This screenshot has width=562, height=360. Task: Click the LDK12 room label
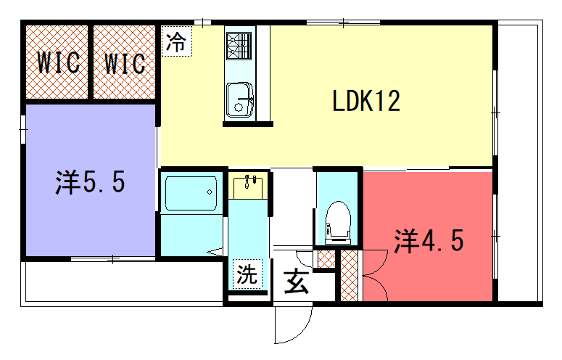[x=366, y=101]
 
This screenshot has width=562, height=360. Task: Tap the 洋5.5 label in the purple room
[x=90, y=181]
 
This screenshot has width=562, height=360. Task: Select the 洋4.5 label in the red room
[x=429, y=240]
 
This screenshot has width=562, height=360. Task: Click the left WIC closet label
[x=59, y=62]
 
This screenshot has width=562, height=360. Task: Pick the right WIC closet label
[x=125, y=63]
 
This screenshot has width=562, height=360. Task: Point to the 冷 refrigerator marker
[x=177, y=41]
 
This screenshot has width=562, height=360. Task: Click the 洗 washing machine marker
[x=247, y=274]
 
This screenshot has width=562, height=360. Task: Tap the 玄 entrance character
[x=297, y=282]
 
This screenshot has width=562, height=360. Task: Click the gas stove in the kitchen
[x=239, y=46]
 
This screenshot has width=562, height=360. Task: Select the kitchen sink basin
[x=239, y=99]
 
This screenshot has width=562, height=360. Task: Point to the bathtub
[x=191, y=193]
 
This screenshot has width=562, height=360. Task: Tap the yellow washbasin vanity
[x=248, y=186]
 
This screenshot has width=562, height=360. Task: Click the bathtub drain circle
[x=210, y=192]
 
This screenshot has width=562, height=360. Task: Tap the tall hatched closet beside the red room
[x=349, y=275]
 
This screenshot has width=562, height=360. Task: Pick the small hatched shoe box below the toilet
[x=326, y=259]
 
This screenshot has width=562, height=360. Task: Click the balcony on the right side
[x=518, y=163]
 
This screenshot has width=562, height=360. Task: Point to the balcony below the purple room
[x=125, y=282]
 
